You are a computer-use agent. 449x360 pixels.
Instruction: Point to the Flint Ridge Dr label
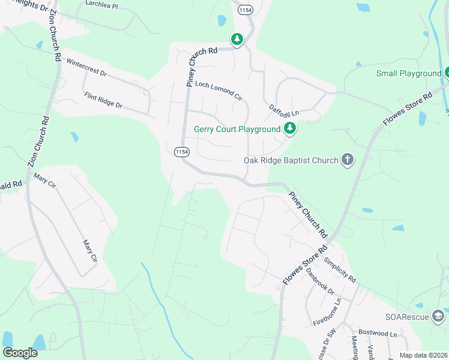[103, 100]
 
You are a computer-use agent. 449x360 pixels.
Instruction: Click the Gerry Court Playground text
[237, 129]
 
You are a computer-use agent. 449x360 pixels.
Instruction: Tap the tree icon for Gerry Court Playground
[290, 128]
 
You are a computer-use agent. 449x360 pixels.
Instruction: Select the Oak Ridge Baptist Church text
[291, 160]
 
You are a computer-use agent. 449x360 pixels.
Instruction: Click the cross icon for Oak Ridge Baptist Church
[347, 160]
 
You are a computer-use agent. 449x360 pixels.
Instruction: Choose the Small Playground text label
[409, 73]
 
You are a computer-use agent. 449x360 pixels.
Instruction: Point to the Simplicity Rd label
[340, 270]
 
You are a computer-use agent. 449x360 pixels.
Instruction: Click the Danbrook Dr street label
[320, 280]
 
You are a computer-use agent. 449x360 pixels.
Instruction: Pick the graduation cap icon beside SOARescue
[438, 316]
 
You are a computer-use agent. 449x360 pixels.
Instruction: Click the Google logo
[20, 352]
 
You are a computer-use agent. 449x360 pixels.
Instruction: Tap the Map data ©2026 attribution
[423, 355]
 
